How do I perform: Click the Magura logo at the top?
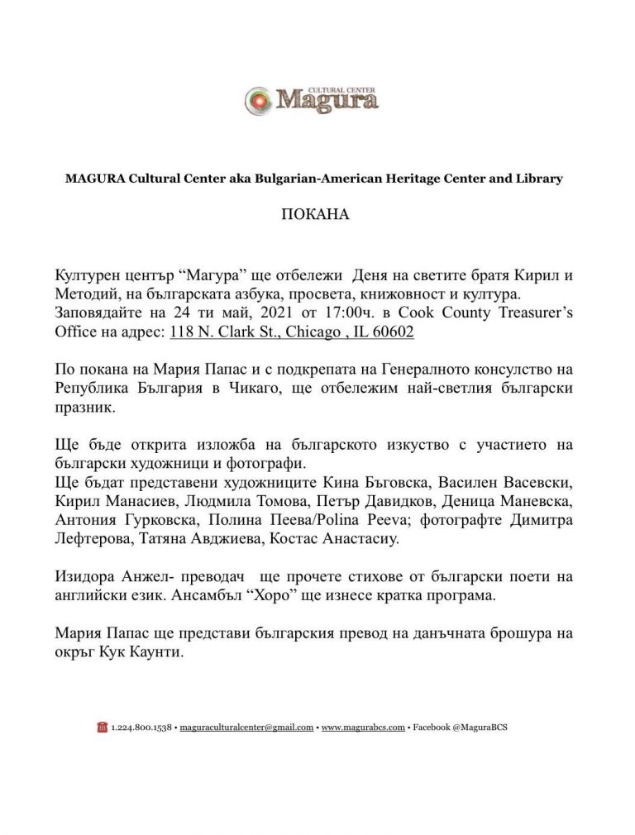pyautogui.click(x=312, y=99)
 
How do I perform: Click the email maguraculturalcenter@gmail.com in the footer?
pyautogui.click(x=246, y=728)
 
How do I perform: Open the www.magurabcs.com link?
pyautogui.click(x=363, y=728)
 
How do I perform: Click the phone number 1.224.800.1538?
pyautogui.click(x=141, y=728)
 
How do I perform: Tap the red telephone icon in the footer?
pyautogui.click(x=103, y=728)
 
